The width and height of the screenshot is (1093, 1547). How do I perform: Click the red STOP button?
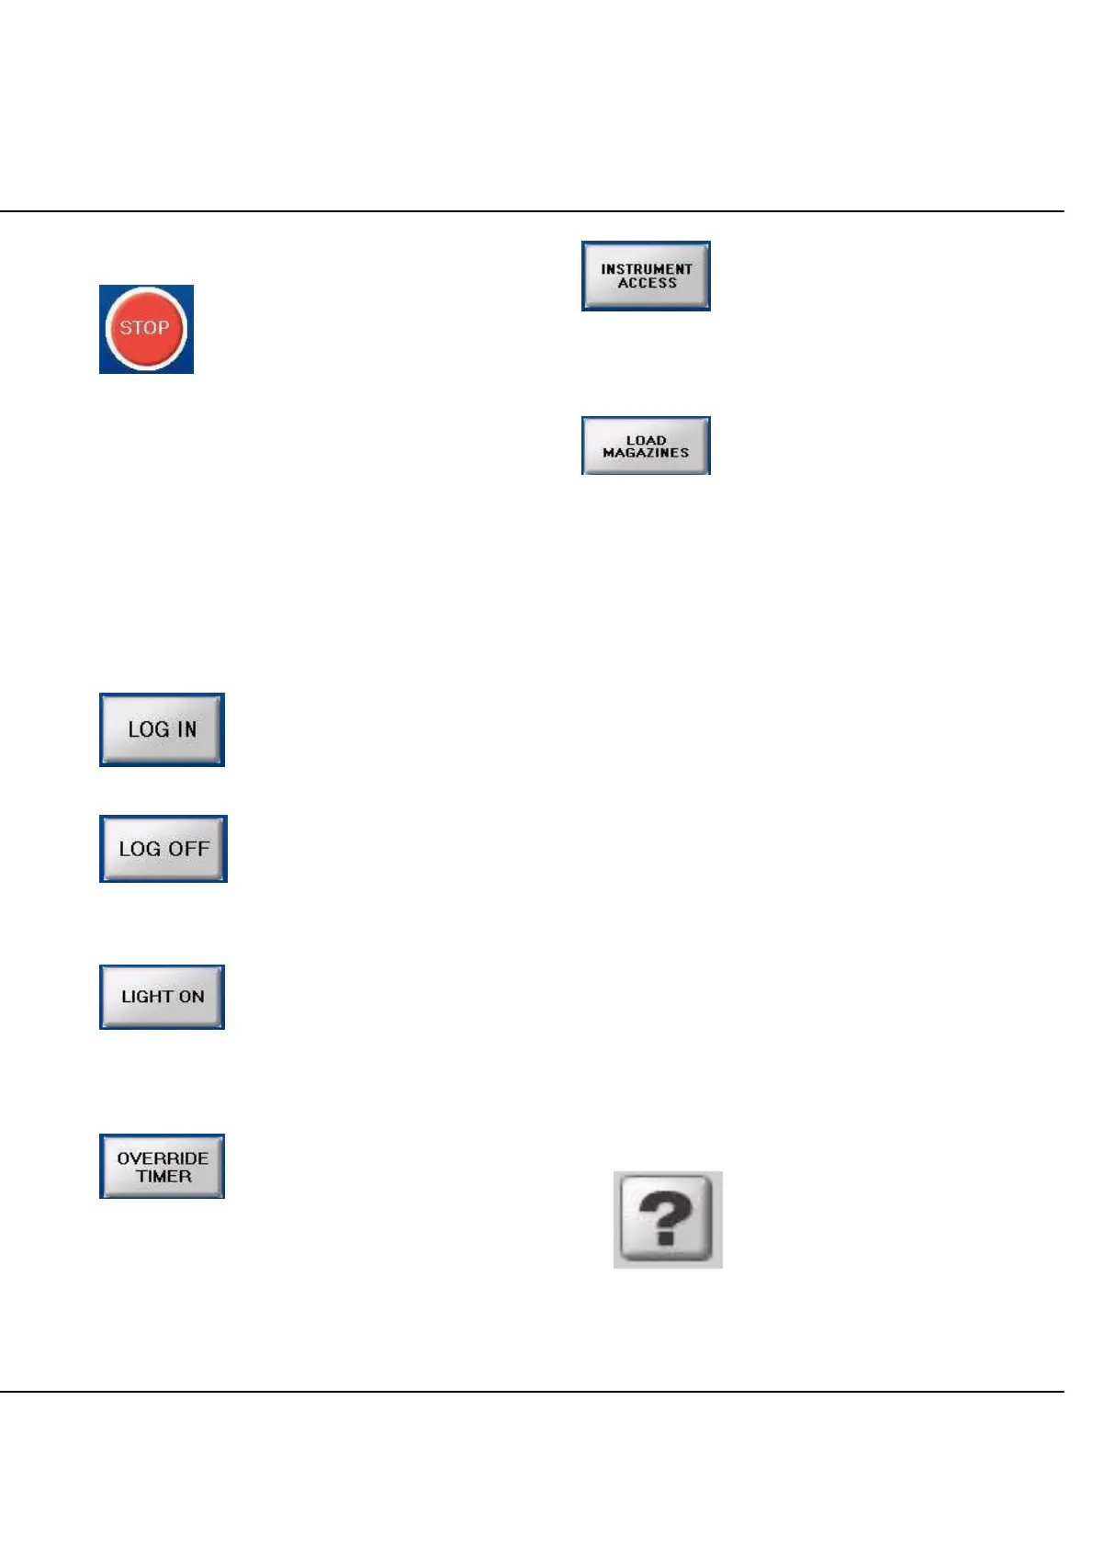click(146, 329)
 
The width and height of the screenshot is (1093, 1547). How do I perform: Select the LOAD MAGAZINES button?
click(646, 446)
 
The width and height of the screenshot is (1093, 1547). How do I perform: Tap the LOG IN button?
click(162, 729)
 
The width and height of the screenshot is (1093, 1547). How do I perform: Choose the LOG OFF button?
click(163, 849)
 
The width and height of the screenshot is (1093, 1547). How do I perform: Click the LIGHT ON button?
click(162, 997)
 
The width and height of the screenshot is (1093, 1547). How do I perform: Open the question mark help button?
click(668, 1219)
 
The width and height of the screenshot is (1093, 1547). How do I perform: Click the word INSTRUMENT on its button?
click(647, 269)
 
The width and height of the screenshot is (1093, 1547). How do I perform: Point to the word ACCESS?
click(647, 284)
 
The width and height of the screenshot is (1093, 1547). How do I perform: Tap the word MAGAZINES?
click(646, 453)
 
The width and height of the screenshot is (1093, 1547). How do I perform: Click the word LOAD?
click(646, 440)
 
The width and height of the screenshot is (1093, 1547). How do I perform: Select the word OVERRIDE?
click(163, 1158)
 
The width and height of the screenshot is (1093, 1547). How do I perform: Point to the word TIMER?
click(163, 1177)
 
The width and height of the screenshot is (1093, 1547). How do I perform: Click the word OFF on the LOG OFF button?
click(188, 849)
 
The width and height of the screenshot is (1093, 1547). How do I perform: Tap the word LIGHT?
click(147, 997)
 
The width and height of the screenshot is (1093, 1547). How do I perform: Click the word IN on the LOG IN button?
click(186, 729)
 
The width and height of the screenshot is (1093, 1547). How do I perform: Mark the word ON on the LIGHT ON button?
click(191, 997)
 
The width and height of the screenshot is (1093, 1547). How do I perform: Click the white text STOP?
click(145, 327)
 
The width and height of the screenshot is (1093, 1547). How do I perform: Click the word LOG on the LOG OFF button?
click(140, 849)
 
